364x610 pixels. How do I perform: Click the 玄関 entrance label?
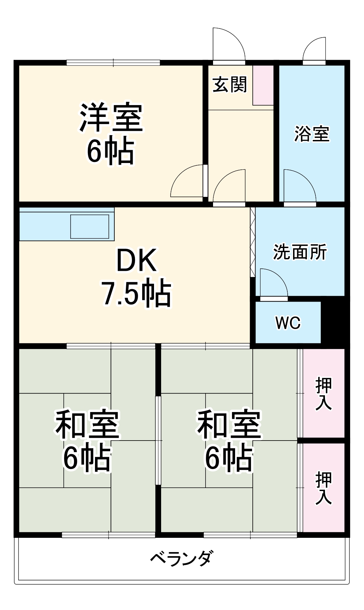(x=230, y=85)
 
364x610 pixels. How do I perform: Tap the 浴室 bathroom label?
(x=311, y=134)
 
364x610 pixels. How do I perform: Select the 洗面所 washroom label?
(x=300, y=252)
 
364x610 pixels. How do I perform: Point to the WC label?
(x=288, y=323)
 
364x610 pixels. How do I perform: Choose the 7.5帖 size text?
(x=137, y=293)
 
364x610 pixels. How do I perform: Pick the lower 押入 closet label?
(x=323, y=488)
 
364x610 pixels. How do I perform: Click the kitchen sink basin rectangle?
(x=90, y=226)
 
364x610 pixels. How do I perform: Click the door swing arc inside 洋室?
(x=186, y=181)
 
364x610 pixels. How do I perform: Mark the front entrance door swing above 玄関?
(x=228, y=44)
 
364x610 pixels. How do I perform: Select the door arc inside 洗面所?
(x=273, y=282)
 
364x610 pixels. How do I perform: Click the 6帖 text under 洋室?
(x=111, y=151)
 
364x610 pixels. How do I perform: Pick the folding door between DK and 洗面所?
(x=252, y=242)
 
